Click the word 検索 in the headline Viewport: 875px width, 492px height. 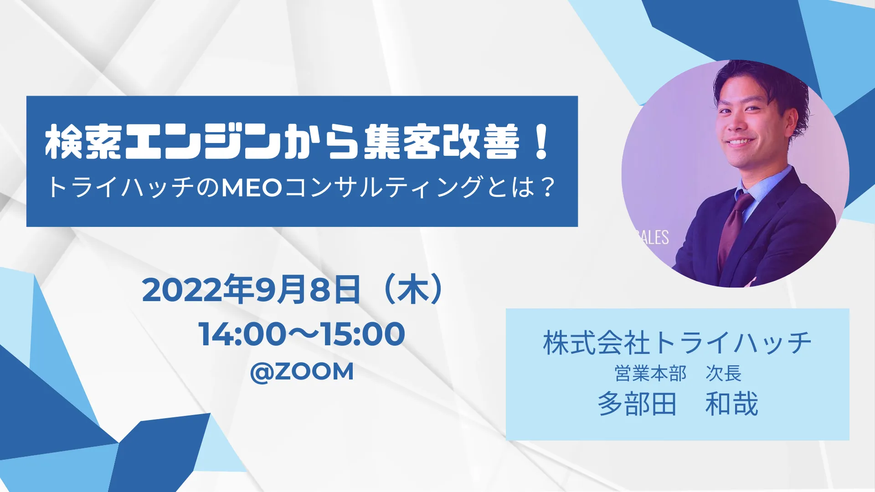click(x=83, y=142)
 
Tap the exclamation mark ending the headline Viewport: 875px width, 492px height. click(x=542, y=142)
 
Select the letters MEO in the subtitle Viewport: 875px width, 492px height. click(x=252, y=187)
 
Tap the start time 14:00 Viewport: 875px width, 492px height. click(x=242, y=334)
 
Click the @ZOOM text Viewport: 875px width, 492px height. click(x=302, y=371)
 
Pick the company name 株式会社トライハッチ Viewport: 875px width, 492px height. click(x=677, y=343)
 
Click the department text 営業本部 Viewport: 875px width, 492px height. click(x=650, y=374)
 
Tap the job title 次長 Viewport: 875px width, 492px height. click(x=723, y=374)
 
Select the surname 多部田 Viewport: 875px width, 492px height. click(x=637, y=404)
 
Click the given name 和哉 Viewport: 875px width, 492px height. click(x=731, y=404)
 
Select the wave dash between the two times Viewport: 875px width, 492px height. click(x=303, y=334)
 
